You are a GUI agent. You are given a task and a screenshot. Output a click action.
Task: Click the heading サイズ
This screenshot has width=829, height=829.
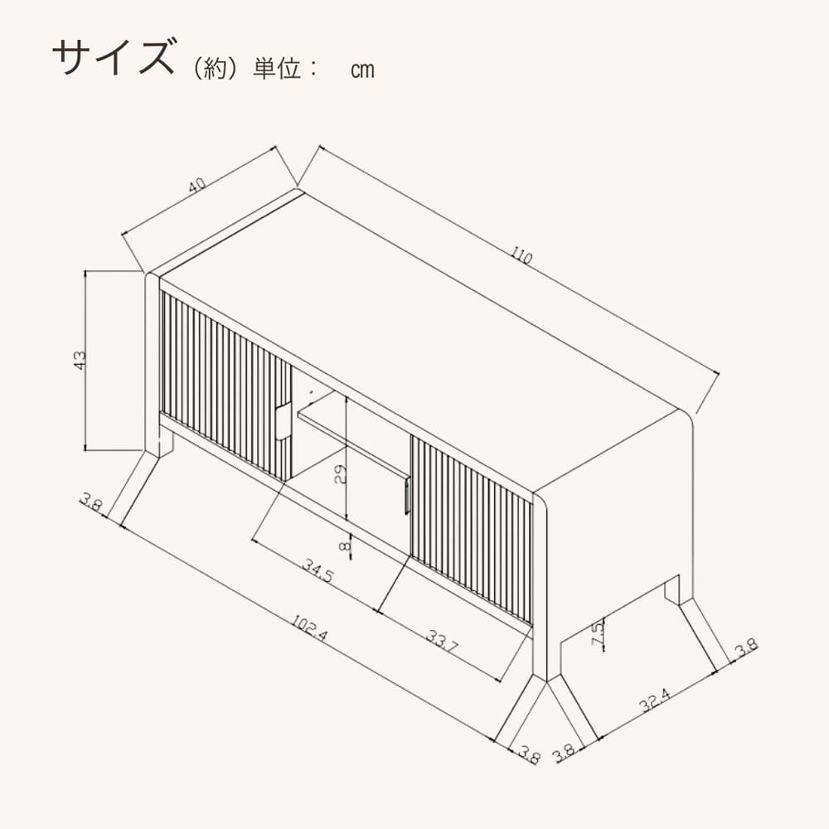click(x=113, y=56)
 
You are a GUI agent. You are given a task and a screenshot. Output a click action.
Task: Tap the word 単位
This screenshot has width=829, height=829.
click(x=277, y=70)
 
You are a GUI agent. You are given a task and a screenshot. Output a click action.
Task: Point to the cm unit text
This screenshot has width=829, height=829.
click(x=363, y=70)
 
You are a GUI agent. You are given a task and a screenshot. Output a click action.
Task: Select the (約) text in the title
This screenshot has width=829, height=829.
click(x=214, y=70)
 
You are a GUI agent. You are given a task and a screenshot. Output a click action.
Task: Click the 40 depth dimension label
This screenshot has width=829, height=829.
click(x=196, y=185)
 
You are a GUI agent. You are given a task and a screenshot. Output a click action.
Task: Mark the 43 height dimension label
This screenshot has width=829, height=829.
click(x=80, y=360)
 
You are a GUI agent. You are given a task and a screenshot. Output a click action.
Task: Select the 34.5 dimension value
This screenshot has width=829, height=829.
click(x=318, y=571)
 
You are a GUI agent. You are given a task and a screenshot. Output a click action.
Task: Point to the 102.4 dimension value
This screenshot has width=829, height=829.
click(x=310, y=628)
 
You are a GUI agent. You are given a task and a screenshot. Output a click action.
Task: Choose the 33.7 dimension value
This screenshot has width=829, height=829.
click(x=442, y=641)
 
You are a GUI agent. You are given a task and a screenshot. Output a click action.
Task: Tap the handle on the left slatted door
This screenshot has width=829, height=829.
click(x=283, y=421)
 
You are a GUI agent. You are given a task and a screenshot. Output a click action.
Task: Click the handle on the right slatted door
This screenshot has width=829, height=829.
click(x=406, y=495)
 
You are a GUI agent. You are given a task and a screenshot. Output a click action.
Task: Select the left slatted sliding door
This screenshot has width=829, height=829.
click(x=225, y=386)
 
